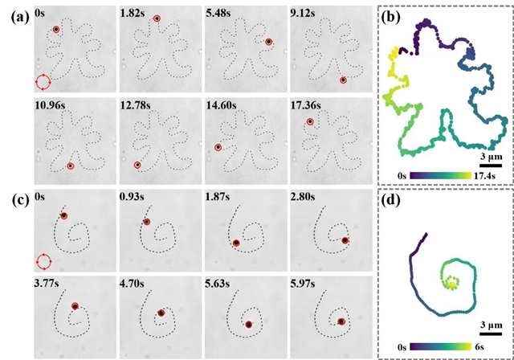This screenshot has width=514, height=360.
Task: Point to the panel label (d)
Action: point(391,200)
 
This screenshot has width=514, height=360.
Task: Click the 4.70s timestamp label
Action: point(133,283)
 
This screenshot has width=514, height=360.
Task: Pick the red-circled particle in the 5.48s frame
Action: point(269,42)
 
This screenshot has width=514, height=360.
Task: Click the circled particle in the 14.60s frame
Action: point(218,148)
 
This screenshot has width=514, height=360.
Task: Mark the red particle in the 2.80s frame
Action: point(345,240)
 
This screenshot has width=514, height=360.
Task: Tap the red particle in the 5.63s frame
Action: point(249,325)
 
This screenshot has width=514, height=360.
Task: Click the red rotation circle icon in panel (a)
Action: point(43,82)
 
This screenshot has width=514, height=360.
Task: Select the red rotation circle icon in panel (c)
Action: point(43,262)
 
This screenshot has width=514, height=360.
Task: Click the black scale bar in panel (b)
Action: point(491,166)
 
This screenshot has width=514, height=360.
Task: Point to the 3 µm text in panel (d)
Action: point(492,325)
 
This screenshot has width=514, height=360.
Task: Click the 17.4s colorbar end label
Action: point(483,176)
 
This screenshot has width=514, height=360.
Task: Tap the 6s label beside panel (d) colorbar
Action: point(479,347)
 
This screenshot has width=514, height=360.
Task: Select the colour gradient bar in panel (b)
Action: point(439,176)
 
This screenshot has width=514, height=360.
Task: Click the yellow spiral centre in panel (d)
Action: point(452,284)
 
